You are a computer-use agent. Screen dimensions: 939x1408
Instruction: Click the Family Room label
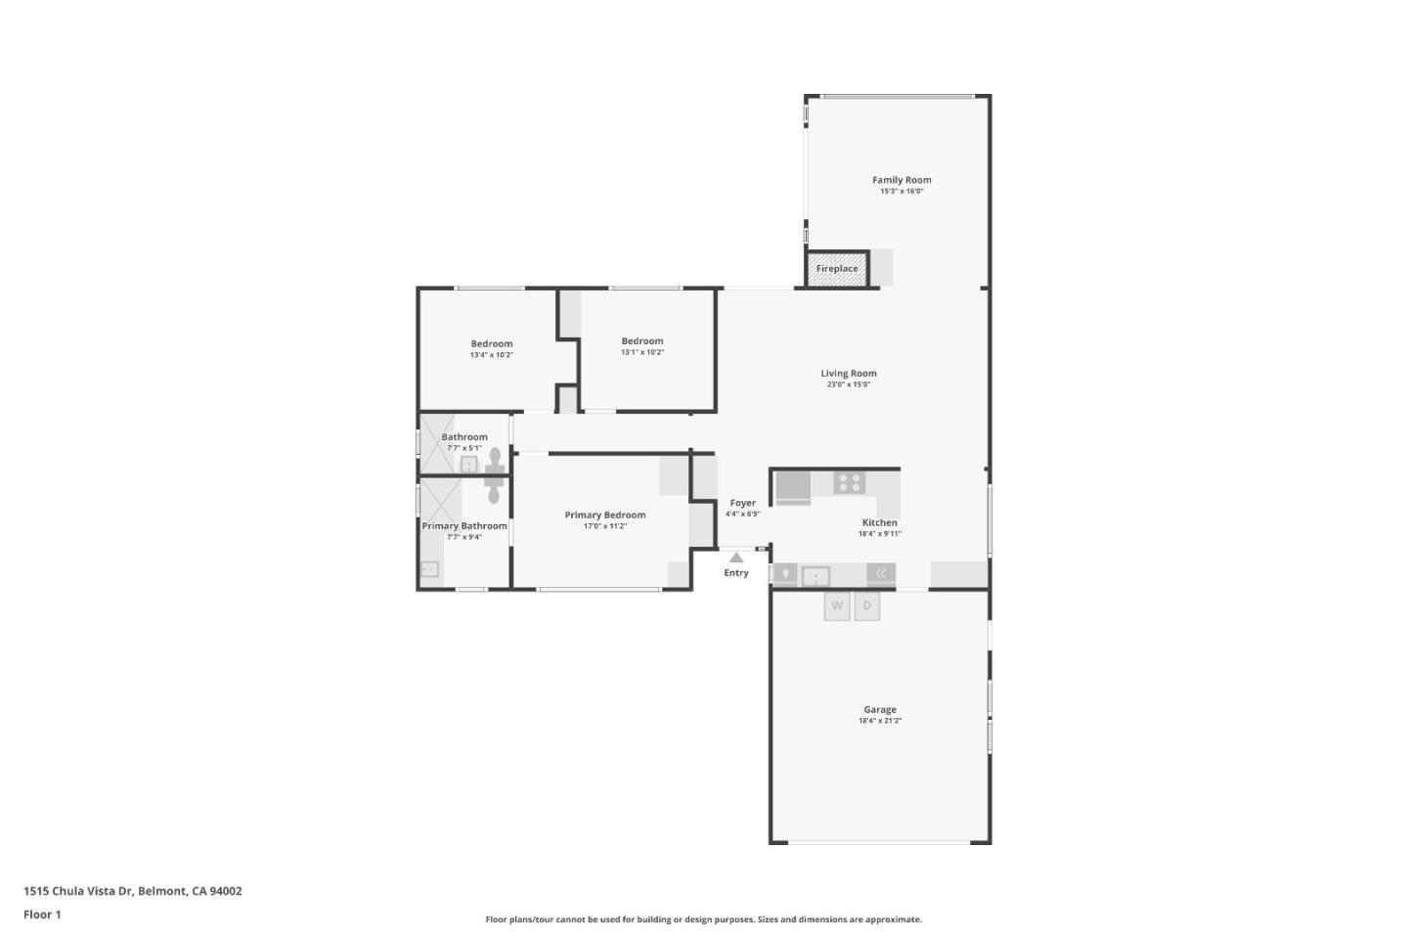click(902, 180)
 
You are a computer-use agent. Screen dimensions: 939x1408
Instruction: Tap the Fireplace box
click(837, 269)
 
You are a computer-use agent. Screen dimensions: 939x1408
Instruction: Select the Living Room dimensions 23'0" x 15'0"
click(849, 384)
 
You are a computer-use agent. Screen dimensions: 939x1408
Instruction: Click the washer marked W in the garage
click(837, 606)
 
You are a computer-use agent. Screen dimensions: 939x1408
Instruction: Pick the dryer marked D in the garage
click(866, 606)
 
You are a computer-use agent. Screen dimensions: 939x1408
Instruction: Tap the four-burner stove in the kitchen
click(849, 482)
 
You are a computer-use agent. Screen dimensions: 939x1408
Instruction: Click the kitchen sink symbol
click(815, 576)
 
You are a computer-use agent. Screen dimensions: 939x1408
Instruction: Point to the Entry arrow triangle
click(736, 558)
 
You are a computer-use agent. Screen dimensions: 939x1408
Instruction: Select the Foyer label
click(742, 503)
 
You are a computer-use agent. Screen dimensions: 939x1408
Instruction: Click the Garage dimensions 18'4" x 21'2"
click(880, 721)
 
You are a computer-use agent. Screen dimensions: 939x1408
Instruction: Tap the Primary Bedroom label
click(605, 514)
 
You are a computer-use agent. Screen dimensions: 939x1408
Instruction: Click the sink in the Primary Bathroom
click(429, 569)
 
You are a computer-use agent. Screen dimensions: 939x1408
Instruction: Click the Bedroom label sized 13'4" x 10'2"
click(491, 343)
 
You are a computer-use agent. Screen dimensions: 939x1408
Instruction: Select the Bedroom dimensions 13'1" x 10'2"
click(642, 352)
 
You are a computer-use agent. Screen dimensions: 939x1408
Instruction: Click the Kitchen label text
click(879, 522)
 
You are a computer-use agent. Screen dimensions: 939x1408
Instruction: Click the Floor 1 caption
click(42, 915)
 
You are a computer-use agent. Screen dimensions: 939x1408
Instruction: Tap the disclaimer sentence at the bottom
click(703, 919)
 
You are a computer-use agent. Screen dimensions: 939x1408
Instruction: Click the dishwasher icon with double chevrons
click(881, 574)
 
